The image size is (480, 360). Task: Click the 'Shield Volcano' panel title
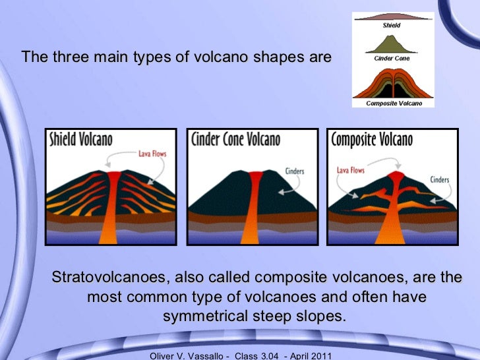pos(81,140)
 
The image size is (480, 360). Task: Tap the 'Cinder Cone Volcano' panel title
pos(235,140)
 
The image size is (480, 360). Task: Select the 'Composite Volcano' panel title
pos(372,140)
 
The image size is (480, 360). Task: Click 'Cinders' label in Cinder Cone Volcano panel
pos(294,171)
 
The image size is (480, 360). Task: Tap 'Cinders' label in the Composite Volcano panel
pos(440,179)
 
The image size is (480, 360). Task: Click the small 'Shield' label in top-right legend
pos(392,26)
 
